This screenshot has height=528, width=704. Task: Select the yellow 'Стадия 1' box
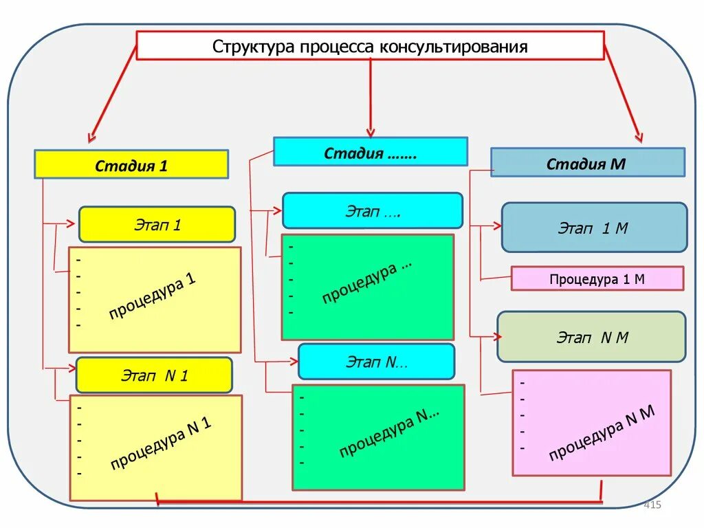(131, 165)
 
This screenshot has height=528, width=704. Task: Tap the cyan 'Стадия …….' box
(370, 152)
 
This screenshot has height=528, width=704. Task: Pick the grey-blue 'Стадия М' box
(587, 163)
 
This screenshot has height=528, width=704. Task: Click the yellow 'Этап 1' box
(157, 224)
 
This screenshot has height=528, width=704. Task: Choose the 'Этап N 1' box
(154, 375)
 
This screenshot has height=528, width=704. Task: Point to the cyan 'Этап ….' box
(373, 210)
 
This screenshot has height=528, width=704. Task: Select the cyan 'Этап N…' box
(376, 362)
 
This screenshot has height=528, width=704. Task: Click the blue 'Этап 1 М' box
(594, 228)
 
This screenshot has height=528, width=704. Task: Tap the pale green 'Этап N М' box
(591, 337)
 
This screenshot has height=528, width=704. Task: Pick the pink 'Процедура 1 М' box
(597, 278)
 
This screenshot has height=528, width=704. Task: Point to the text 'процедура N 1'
(160, 444)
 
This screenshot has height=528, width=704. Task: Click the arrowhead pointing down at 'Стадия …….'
(370, 131)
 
